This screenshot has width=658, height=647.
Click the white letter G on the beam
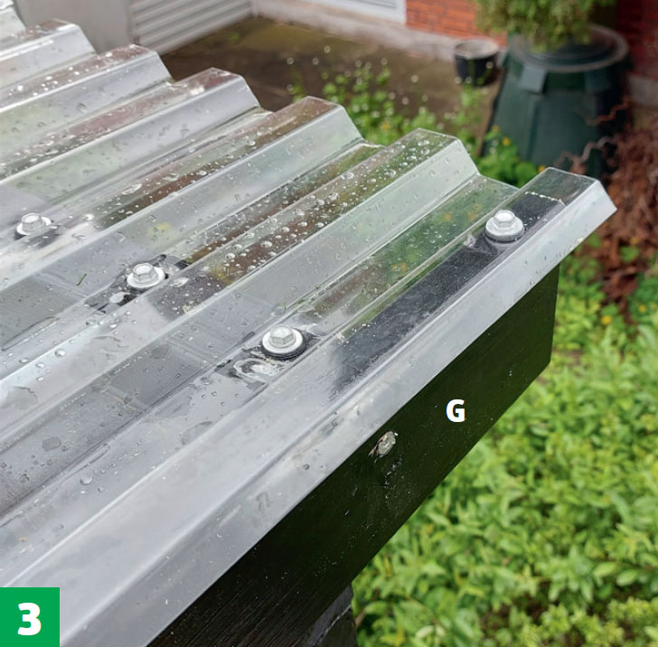[456, 411]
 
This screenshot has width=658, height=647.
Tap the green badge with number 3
[29, 617]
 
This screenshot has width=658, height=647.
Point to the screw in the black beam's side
[383, 445]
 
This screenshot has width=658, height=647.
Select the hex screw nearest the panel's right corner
[505, 225]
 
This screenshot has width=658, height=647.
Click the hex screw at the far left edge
[33, 224]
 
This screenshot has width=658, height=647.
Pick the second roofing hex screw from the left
[146, 276]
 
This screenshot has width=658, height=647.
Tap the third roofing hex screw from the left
[283, 341]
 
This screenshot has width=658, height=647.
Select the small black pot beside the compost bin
[476, 61]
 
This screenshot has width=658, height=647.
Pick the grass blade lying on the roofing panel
[82, 279]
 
